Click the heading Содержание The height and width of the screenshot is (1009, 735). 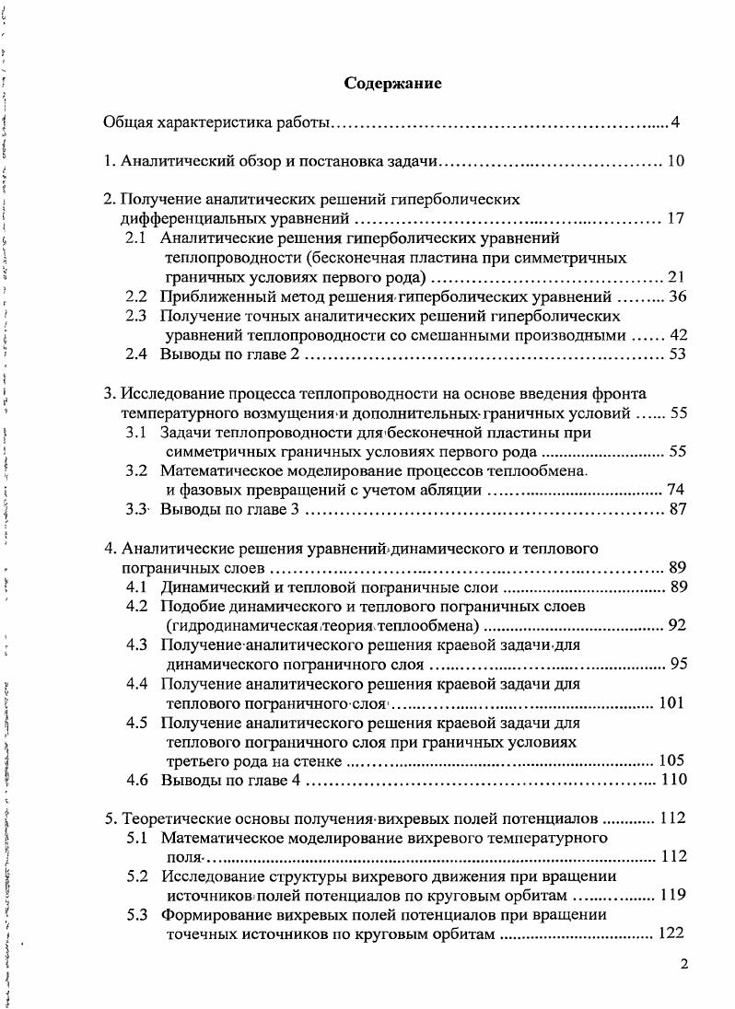(393, 84)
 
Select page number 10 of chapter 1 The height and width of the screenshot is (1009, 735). (675, 163)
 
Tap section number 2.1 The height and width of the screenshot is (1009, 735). (137, 238)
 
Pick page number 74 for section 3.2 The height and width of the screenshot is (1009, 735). (678, 490)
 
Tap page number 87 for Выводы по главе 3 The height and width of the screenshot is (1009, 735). (678, 509)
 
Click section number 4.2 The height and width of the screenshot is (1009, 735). (137, 607)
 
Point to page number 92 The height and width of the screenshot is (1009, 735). (678, 626)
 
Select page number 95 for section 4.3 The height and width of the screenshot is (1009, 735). (678, 664)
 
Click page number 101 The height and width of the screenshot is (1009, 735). (673, 704)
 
